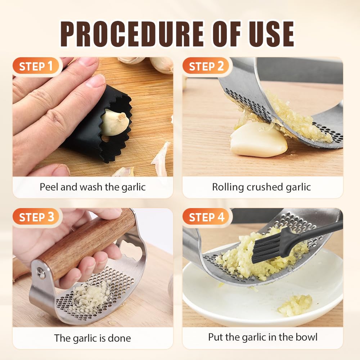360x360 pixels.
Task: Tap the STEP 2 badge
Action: (x=207, y=67)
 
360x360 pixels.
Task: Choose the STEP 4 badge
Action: (x=207, y=217)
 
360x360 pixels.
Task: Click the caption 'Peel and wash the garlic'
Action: (x=93, y=187)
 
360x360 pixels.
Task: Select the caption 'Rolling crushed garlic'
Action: (x=261, y=187)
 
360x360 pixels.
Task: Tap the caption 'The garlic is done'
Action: (x=93, y=338)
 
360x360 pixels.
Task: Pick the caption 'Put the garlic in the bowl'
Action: (x=263, y=337)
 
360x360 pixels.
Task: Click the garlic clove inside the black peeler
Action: (x=114, y=123)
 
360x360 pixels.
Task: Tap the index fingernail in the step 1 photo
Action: (x=95, y=81)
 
